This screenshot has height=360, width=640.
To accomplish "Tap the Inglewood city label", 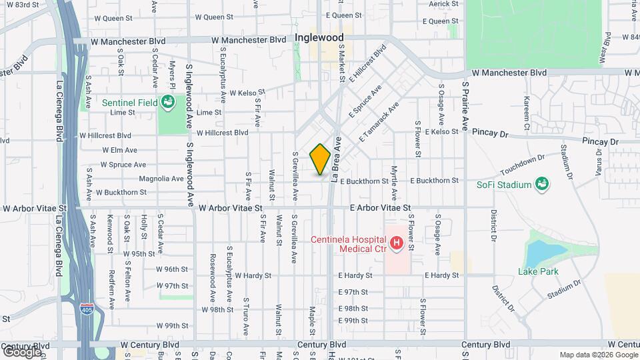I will [x=319, y=37].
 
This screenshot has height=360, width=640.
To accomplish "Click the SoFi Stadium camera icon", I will [x=542, y=185].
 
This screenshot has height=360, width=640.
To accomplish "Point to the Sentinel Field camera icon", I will [x=167, y=102].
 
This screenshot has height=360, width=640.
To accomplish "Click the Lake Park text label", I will [x=538, y=271].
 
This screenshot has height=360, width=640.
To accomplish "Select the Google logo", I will [x=21, y=351].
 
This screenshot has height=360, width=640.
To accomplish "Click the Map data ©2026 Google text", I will [x=597, y=355].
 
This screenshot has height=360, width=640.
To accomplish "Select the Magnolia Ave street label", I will [x=161, y=179].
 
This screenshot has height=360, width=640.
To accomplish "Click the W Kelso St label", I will [x=247, y=93].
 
